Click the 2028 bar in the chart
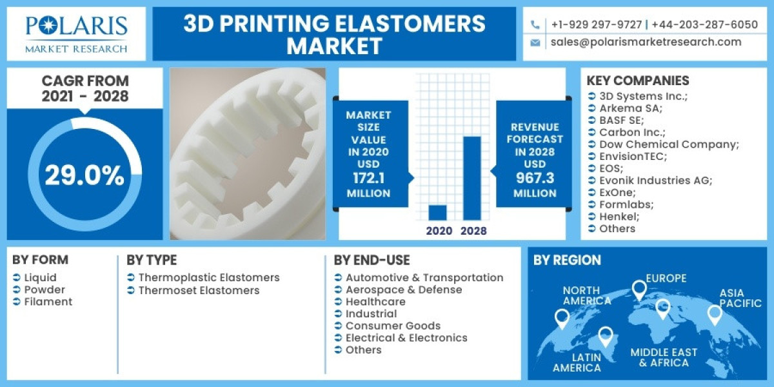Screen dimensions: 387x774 point(472,178)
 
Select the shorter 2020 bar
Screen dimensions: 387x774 point(438,212)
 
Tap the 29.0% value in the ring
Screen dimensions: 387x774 point(84,175)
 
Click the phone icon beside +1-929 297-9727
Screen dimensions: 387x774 point(535,25)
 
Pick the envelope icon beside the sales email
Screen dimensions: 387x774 point(535,43)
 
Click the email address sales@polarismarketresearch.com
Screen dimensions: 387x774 point(646,42)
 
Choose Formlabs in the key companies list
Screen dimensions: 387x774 point(626,204)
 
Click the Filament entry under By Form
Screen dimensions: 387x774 point(48,302)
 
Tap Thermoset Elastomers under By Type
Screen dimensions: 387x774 point(199,290)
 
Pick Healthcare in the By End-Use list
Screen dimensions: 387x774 point(375,302)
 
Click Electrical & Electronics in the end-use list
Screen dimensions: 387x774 point(406,338)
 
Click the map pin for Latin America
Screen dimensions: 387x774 point(605,336)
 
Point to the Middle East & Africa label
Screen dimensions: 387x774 point(664,357)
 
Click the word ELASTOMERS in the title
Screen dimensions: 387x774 point(406,25)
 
